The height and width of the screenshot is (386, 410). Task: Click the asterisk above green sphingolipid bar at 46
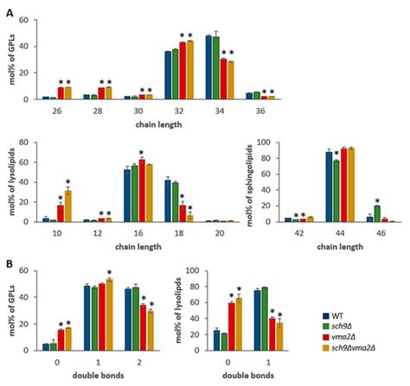point(377,199)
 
